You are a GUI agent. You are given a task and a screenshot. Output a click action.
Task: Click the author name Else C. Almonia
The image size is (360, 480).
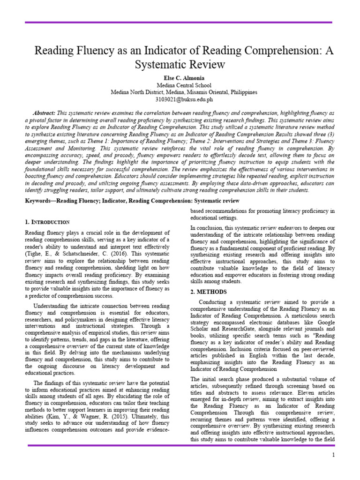tap(180, 77)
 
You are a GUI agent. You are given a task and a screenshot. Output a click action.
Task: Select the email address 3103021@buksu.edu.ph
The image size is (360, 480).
tap(180, 99)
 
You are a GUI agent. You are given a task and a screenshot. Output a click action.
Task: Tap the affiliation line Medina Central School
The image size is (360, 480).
tap(180, 85)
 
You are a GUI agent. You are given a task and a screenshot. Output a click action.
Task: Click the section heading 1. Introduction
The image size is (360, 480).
tap(47, 221)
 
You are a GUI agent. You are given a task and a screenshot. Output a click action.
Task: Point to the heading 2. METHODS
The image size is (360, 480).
tap(209, 292)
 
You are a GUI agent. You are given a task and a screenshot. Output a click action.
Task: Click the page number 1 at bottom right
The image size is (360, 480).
tap(333, 455)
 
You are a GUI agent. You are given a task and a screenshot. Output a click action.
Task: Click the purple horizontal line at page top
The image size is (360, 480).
tap(180, 22)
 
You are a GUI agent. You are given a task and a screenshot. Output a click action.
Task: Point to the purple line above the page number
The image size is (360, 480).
tap(180, 445)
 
